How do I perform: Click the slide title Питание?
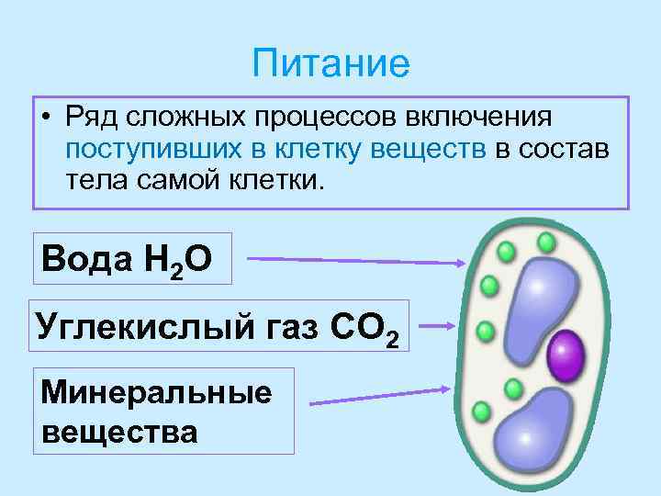coord(330,63)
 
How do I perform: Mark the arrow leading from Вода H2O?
coord(358,261)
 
